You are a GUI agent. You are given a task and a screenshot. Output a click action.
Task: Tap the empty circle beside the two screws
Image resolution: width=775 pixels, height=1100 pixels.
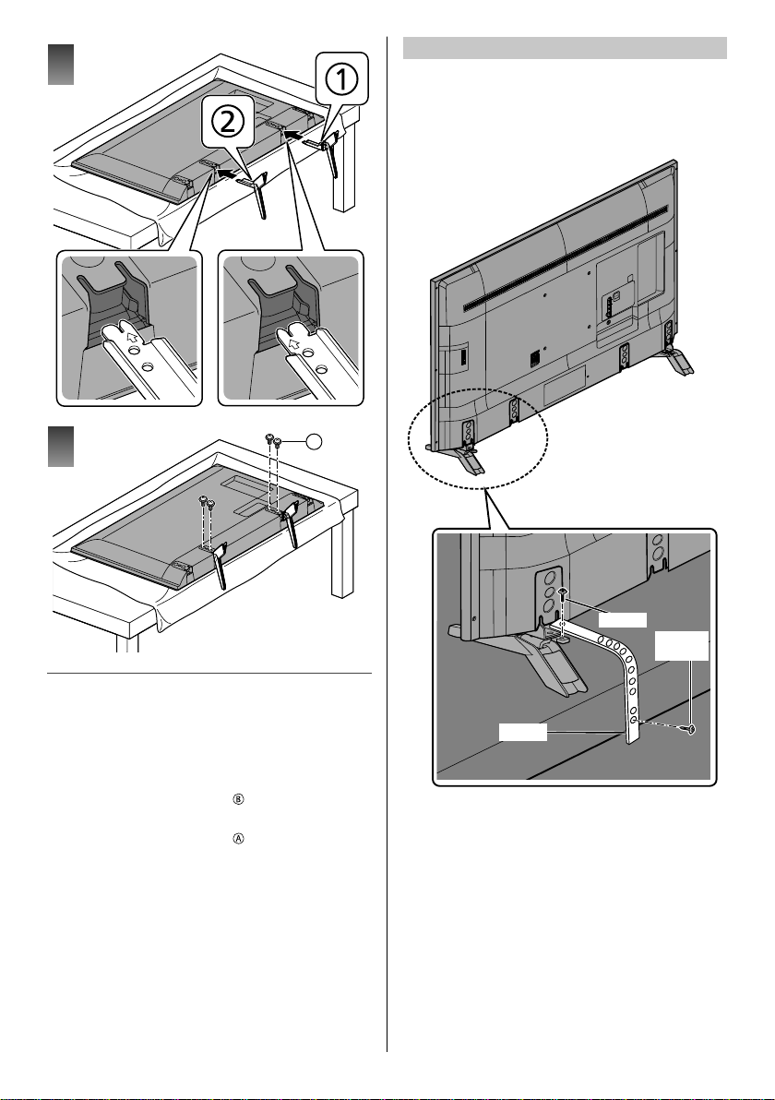[315, 440]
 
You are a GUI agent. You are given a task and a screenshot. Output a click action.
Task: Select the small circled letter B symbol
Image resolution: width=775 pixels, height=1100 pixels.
[238, 800]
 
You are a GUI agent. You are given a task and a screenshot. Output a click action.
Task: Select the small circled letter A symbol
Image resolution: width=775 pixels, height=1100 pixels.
[238, 839]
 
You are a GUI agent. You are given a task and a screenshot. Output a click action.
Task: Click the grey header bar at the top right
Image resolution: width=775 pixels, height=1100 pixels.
[565, 48]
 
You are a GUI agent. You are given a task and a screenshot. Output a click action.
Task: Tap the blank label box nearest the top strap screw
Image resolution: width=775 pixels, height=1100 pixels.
[622, 619]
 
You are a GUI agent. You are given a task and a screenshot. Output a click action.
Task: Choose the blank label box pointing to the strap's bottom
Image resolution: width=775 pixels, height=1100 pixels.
[522, 733]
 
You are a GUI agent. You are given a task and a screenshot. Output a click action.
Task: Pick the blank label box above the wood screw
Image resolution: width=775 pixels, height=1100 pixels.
[682, 645]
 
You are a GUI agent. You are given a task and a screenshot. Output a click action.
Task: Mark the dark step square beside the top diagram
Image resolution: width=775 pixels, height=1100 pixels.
[61, 65]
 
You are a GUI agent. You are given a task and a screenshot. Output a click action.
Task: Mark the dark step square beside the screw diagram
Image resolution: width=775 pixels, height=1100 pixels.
[61, 446]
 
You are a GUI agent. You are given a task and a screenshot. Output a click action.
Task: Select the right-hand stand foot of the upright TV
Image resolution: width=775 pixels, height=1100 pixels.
[677, 358]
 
